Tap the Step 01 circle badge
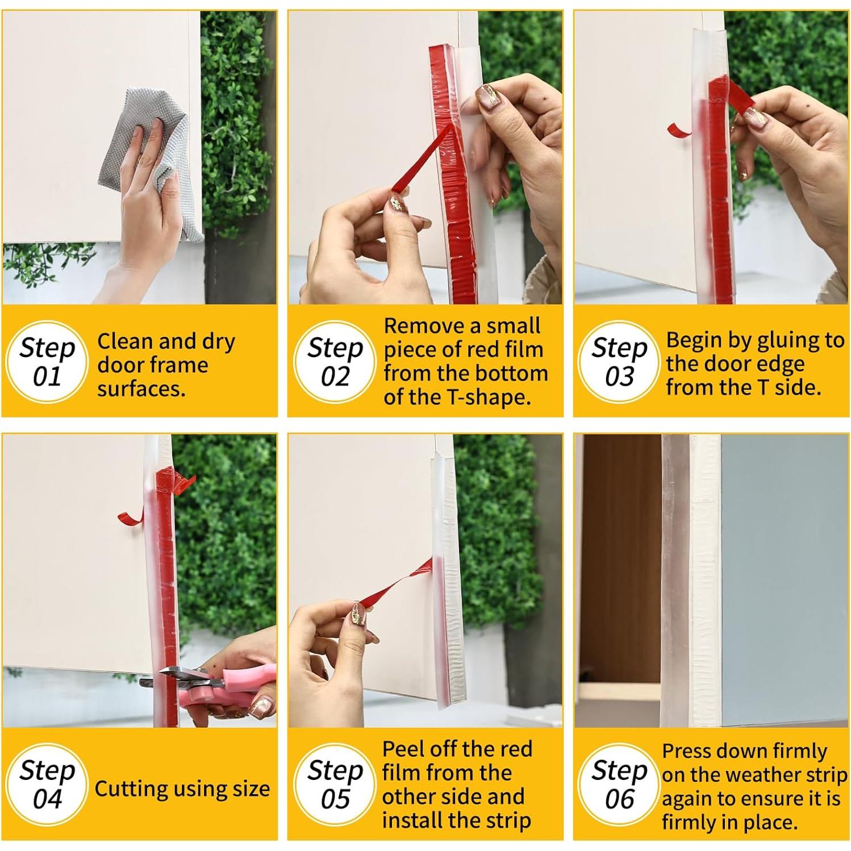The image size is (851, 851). (47, 362)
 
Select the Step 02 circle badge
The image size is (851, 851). (335, 362)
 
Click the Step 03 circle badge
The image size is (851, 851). (619, 362)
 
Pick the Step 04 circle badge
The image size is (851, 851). (47, 785)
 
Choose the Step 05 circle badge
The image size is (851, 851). (335, 785)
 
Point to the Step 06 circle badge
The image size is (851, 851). (619, 785)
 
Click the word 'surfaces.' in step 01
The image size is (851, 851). (141, 389)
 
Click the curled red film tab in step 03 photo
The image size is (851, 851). (679, 130)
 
